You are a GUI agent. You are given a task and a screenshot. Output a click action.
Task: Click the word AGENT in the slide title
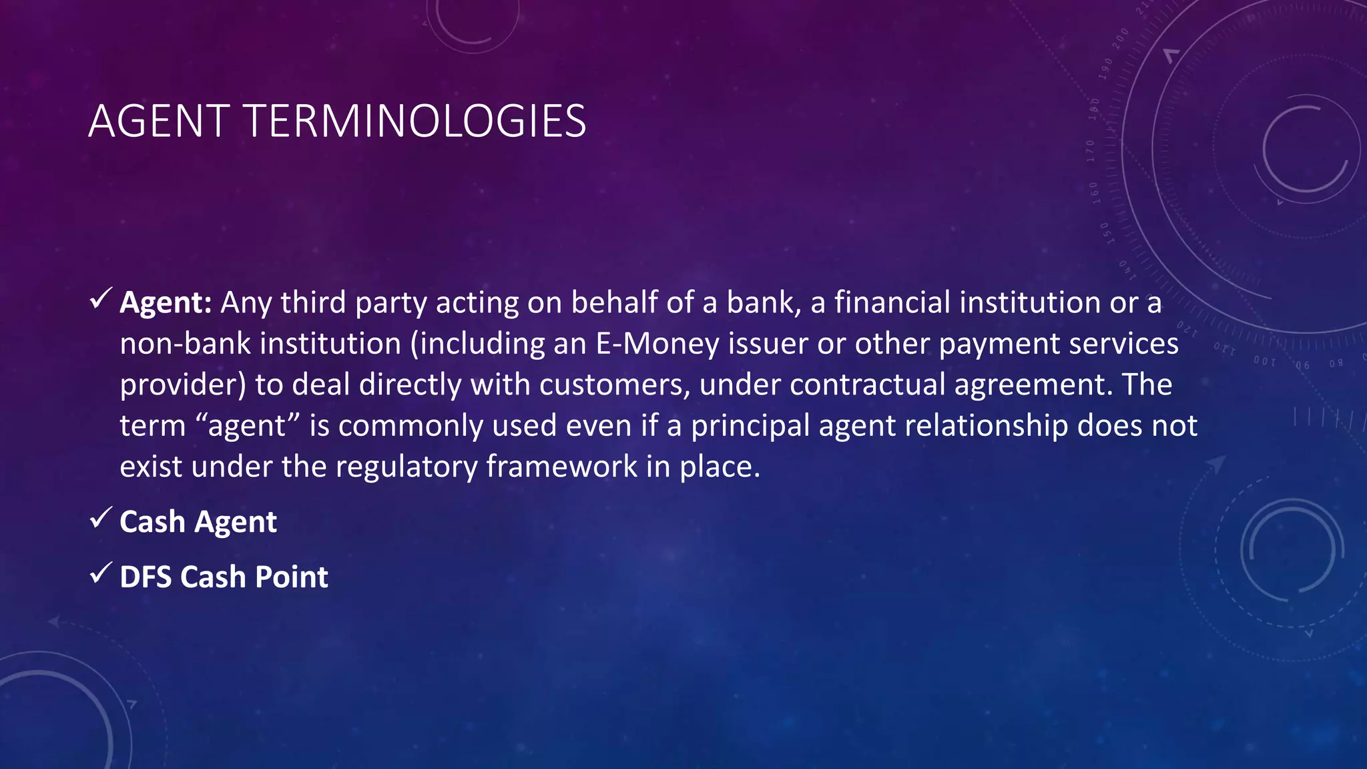(x=159, y=121)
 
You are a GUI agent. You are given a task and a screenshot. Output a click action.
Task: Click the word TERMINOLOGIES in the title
(x=416, y=121)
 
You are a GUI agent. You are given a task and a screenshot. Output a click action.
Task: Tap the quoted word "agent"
(x=246, y=426)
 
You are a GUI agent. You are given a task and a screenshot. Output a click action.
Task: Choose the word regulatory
(x=406, y=467)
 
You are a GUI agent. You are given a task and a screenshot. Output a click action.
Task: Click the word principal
(x=750, y=426)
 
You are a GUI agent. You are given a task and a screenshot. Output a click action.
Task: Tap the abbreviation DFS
(x=146, y=577)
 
